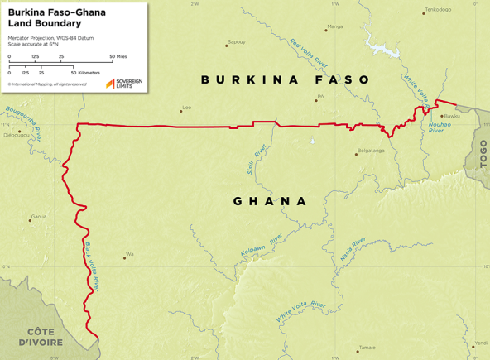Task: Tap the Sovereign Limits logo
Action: tap(123, 83)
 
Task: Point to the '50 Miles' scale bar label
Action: tap(118, 56)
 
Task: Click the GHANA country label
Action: tap(271, 201)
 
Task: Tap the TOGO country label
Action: tap(483, 154)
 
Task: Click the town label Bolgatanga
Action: tap(370, 151)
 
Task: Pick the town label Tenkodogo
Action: tap(438, 10)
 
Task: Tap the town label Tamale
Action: tap(366, 348)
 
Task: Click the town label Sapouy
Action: tap(236, 41)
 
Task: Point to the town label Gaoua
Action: tap(38, 217)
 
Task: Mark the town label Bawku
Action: tap(451, 116)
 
